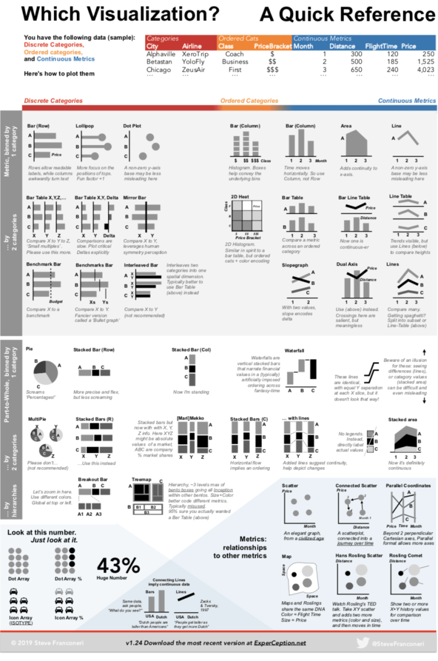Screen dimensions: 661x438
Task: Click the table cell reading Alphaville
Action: [x=161, y=54]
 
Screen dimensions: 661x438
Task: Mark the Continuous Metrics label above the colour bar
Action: [x=407, y=101]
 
